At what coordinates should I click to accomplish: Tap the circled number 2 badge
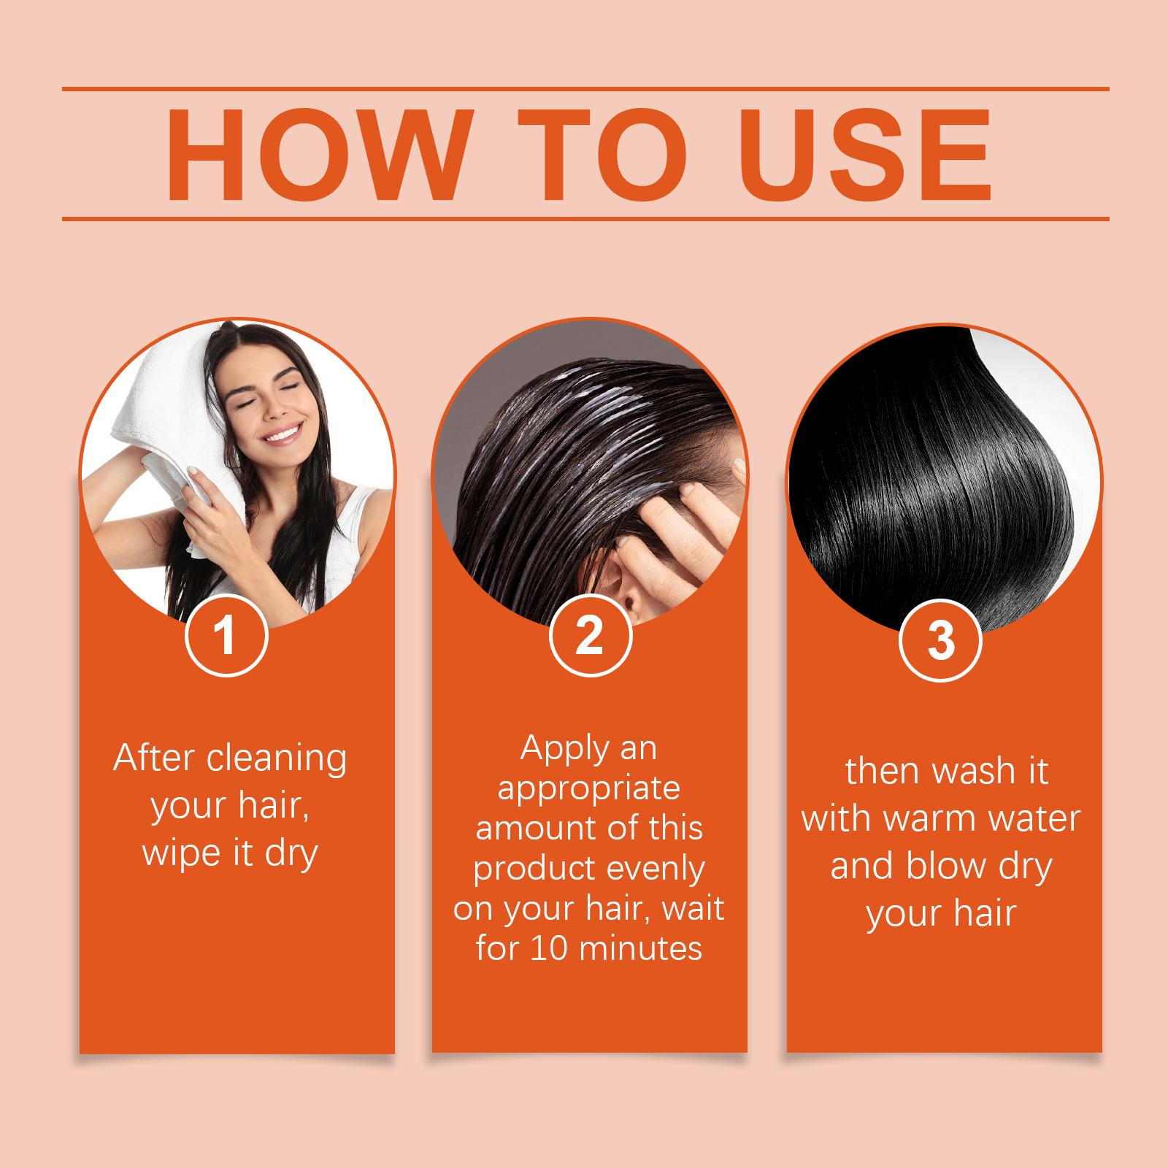[589, 634]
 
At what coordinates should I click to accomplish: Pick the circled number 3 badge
[941, 639]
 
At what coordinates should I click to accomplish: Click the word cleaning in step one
[277, 760]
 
